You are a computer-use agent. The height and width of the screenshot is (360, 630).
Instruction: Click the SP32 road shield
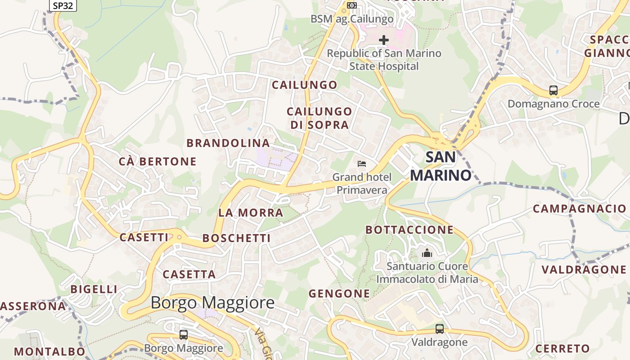[x=63, y=5]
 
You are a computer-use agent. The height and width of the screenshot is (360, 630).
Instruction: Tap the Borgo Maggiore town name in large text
[x=212, y=302]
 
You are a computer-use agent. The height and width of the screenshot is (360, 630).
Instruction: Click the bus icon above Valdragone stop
[x=440, y=329]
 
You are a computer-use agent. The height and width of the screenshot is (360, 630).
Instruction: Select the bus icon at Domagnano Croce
[x=553, y=90]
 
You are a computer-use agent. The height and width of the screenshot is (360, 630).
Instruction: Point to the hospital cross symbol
[x=383, y=40]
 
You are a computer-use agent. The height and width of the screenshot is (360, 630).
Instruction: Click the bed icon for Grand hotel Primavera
[x=362, y=164]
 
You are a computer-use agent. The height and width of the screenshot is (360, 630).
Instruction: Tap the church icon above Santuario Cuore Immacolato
[x=427, y=253]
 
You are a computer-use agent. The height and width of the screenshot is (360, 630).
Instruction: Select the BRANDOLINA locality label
[x=228, y=143]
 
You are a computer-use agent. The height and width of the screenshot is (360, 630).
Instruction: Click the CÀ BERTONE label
[x=157, y=161]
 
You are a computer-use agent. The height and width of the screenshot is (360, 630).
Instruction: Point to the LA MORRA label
[x=251, y=212]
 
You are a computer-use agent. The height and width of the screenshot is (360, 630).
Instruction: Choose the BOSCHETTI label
[x=237, y=238]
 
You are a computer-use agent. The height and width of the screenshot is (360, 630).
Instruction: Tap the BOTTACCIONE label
[x=409, y=229]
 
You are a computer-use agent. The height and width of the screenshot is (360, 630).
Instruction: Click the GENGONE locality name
[x=339, y=294]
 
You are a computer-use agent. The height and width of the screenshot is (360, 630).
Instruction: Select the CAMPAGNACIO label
[x=580, y=208]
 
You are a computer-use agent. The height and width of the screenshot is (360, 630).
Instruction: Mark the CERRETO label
[x=562, y=348]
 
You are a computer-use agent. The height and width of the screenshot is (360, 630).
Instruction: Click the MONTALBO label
[x=49, y=351]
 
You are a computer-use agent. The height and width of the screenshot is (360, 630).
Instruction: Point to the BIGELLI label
[x=94, y=289]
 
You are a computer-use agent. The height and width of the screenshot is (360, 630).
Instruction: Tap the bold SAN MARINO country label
[x=441, y=166]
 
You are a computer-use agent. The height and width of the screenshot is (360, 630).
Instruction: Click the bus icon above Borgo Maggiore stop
[x=184, y=335]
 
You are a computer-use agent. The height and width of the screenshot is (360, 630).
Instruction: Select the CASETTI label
[x=144, y=237]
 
